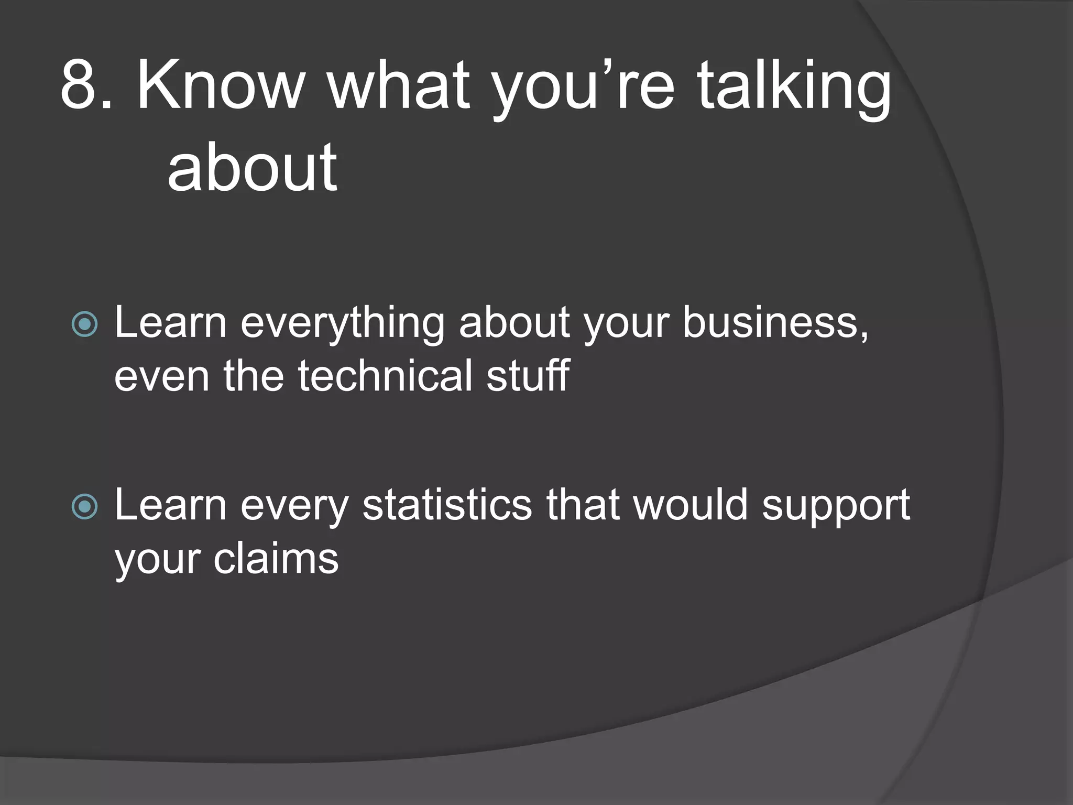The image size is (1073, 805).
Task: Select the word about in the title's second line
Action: click(x=252, y=168)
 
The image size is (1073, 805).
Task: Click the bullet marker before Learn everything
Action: click(x=84, y=324)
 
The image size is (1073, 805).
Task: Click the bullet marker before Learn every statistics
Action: click(x=84, y=506)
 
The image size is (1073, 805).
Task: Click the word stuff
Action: click(x=528, y=375)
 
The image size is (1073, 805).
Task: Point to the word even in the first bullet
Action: click(x=162, y=376)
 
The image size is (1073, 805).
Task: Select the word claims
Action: click(x=276, y=559)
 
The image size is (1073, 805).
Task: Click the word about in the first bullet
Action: click(x=514, y=323)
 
